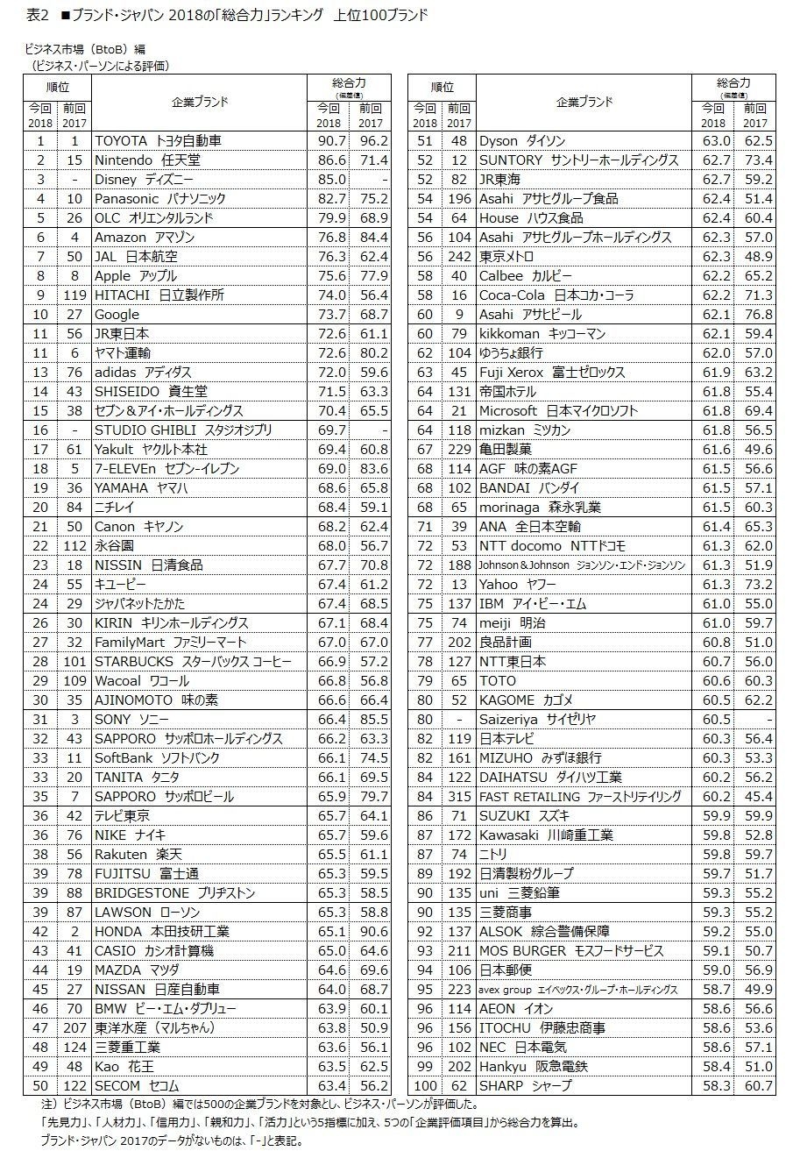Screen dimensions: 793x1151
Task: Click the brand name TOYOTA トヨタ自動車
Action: tap(158, 140)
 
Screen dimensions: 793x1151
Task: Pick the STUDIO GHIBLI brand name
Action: tap(183, 430)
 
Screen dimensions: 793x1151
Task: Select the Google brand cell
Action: tap(117, 314)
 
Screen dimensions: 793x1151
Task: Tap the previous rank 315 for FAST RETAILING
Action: tap(457, 796)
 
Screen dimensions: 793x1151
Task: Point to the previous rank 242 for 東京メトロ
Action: tap(457, 256)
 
